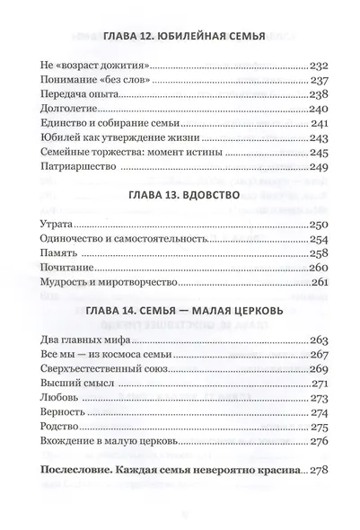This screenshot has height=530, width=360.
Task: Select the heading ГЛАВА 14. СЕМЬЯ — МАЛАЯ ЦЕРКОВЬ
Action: (x=179, y=311)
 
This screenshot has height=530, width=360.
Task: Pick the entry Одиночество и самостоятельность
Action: (x=125, y=241)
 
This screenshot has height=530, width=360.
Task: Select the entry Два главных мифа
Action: (x=85, y=340)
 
